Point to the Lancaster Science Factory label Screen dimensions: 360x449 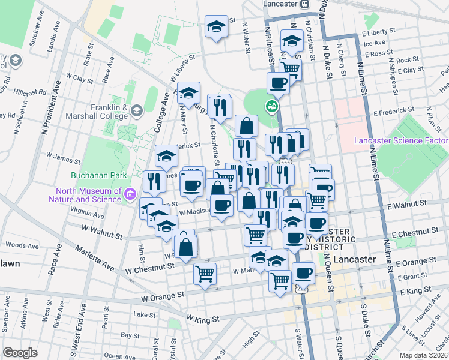[401, 141]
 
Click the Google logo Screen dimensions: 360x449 [20, 353]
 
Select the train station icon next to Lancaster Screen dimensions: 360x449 [305, 3]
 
